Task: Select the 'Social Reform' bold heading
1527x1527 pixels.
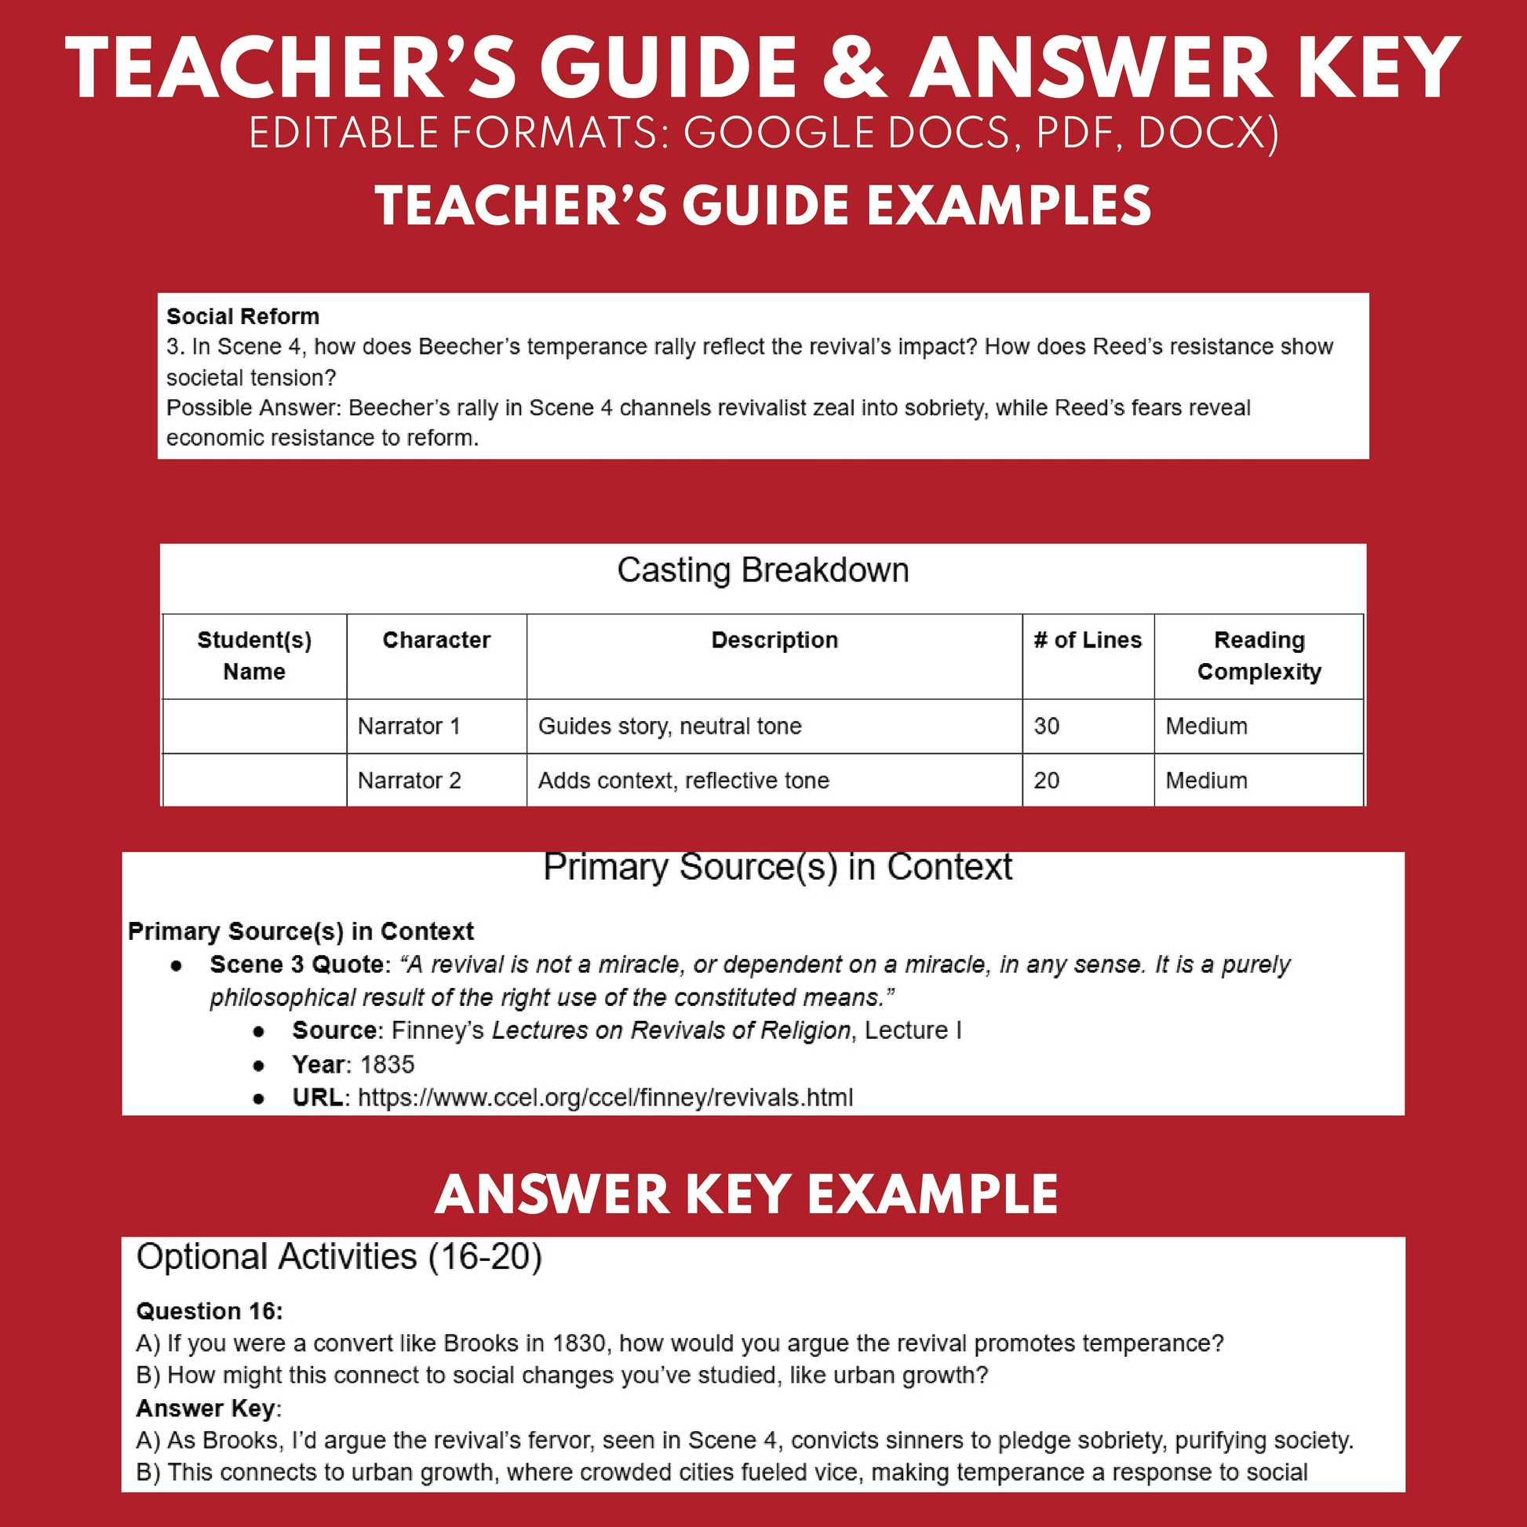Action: tap(242, 317)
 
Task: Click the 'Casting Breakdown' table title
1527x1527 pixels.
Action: tap(763, 570)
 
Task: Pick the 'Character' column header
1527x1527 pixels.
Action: tap(436, 640)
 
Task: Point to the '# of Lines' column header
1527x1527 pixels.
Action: tap(1088, 640)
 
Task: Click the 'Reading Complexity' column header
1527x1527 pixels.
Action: tap(1259, 656)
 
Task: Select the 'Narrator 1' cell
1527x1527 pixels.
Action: tap(409, 727)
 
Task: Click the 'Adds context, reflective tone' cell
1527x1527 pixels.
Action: tap(683, 781)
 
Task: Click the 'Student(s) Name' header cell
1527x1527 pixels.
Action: tap(253, 656)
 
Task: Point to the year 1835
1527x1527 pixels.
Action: tap(388, 1065)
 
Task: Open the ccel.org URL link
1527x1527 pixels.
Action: tap(606, 1098)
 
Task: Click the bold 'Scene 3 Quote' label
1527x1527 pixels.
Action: tap(297, 965)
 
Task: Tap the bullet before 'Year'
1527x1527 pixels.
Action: tap(258, 1066)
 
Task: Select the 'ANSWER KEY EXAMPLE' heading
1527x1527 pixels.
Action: tap(746, 1194)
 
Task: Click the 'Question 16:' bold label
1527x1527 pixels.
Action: tap(210, 1311)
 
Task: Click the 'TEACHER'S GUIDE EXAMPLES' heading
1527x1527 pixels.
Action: tap(763, 206)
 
